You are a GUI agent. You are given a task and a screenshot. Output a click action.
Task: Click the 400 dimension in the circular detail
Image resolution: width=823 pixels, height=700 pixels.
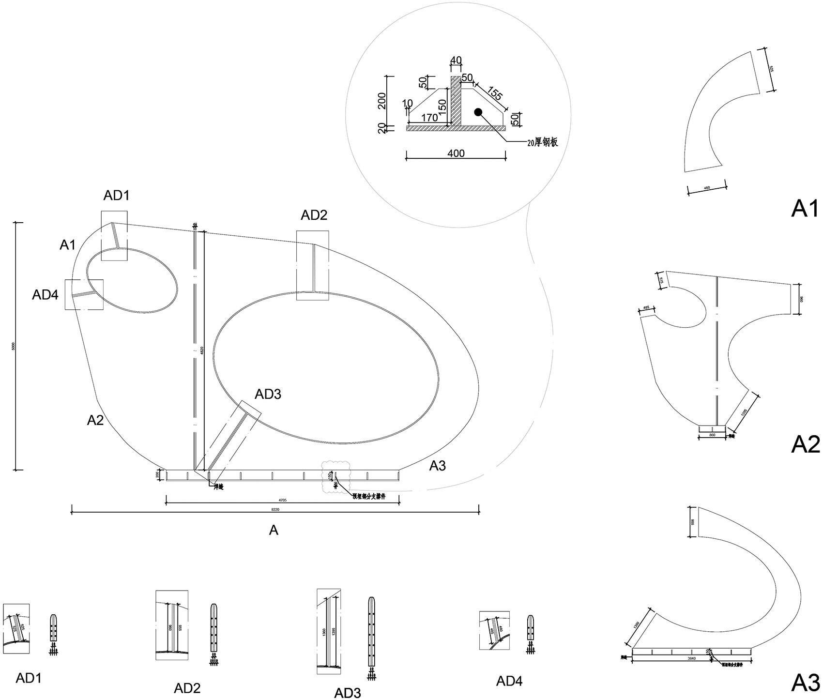pyautogui.click(x=456, y=153)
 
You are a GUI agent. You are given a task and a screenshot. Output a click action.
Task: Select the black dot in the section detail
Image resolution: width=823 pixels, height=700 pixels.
pyautogui.click(x=478, y=112)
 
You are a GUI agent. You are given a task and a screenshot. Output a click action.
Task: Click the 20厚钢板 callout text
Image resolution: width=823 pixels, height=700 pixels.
pyautogui.click(x=543, y=142)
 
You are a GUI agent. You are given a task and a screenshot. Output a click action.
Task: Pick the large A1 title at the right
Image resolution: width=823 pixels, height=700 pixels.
pyautogui.click(x=805, y=208)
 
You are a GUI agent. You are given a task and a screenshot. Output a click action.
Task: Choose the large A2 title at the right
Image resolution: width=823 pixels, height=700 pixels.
pyautogui.click(x=805, y=444)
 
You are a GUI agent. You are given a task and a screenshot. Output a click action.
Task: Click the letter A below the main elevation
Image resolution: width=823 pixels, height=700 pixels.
pyautogui.click(x=274, y=531)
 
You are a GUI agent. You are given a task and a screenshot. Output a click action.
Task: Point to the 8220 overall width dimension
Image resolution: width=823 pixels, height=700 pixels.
pyautogui.click(x=274, y=510)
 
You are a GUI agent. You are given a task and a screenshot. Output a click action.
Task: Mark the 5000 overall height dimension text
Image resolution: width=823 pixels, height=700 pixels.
pyautogui.click(x=13, y=346)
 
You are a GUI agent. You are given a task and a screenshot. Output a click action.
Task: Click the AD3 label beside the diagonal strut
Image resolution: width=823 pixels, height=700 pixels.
pyautogui.click(x=268, y=394)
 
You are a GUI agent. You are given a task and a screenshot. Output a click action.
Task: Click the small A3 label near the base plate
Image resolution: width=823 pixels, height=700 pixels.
pyautogui.click(x=438, y=466)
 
